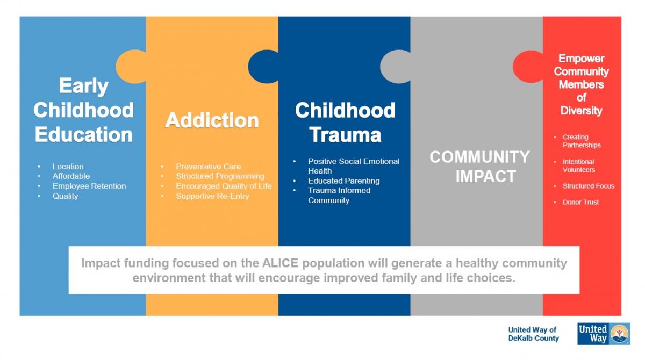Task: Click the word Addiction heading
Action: (x=212, y=120)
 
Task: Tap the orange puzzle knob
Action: (x=131, y=67)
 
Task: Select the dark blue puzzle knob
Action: (x=263, y=67)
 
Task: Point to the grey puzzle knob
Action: (x=396, y=67)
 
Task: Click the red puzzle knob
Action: (x=528, y=67)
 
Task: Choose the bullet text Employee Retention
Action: (x=89, y=186)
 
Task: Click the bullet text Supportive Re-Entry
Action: (x=212, y=196)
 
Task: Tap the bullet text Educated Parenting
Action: (x=344, y=181)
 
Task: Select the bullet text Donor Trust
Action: (x=580, y=203)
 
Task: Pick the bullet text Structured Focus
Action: (x=589, y=186)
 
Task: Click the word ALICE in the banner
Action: (x=280, y=263)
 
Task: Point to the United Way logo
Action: (x=604, y=334)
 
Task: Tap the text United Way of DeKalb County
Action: (x=533, y=334)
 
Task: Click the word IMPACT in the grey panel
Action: (x=486, y=176)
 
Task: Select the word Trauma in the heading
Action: (x=345, y=135)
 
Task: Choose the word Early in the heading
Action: (x=84, y=86)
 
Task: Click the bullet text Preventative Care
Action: (x=208, y=167)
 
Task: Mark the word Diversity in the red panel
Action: (x=582, y=111)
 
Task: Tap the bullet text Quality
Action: (x=65, y=196)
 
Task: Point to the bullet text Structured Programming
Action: (x=220, y=176)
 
